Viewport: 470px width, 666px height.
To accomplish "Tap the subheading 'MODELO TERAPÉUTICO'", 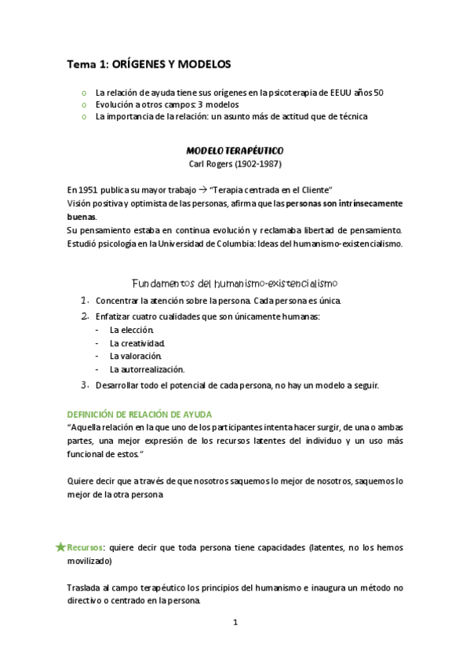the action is [x=235, y=149].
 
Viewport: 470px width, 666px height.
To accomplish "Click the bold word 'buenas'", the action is [x=82, y=215].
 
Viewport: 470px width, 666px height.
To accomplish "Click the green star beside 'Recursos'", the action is [x=60, y=547].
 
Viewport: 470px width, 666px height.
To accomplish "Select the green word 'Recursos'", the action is [x=86, y=547].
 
